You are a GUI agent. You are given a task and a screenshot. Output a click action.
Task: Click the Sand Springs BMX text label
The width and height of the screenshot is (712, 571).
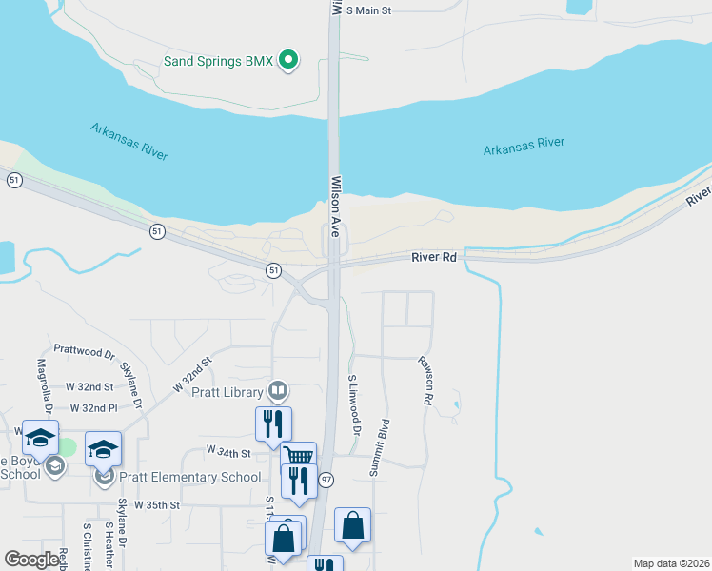coord(218,61)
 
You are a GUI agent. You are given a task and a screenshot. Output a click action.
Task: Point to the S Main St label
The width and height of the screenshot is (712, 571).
coord(368,10)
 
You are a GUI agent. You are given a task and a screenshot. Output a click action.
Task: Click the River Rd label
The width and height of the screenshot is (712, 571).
coord(435,257)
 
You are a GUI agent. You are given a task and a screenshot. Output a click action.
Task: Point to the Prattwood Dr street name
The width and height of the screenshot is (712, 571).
coord(84,351)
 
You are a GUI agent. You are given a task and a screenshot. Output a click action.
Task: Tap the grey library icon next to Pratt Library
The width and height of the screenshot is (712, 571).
coord(278,389)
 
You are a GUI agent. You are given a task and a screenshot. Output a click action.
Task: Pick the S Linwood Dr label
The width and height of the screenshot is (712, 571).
coord(353,404)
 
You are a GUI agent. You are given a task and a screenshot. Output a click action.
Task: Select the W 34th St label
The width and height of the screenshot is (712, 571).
coord(228,453)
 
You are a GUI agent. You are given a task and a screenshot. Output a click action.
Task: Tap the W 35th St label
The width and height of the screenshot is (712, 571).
coord(156,504)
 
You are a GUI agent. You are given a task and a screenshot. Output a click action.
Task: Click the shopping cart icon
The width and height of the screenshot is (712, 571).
coord(299,455)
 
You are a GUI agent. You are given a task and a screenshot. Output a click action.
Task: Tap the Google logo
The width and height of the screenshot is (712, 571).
coord(32,559)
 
